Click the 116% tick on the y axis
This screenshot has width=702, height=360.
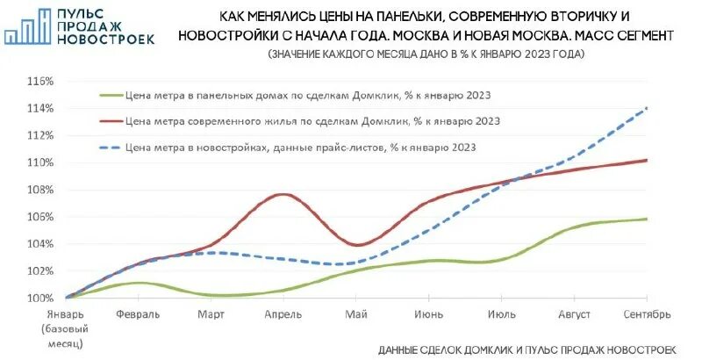(x=41, y=81)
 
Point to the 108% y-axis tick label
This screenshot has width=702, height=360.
(x=41, y=190)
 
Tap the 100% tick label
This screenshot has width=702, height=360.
(x=41, y=298)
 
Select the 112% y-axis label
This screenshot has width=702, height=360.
(x=41, y=135)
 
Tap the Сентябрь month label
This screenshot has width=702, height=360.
(x=648, y=314)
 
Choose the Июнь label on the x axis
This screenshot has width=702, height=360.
(x=428, y=314)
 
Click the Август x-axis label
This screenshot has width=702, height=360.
(x=574, y=314)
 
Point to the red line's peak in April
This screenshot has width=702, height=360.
(x=282, y=194)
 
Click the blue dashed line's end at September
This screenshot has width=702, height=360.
(x=647, y=108)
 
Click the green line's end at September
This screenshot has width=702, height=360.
(x=647, y=219)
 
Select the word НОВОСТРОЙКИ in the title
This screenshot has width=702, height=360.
(x=230, y=36)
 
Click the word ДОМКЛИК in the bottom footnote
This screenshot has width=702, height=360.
(x=490, y=349)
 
